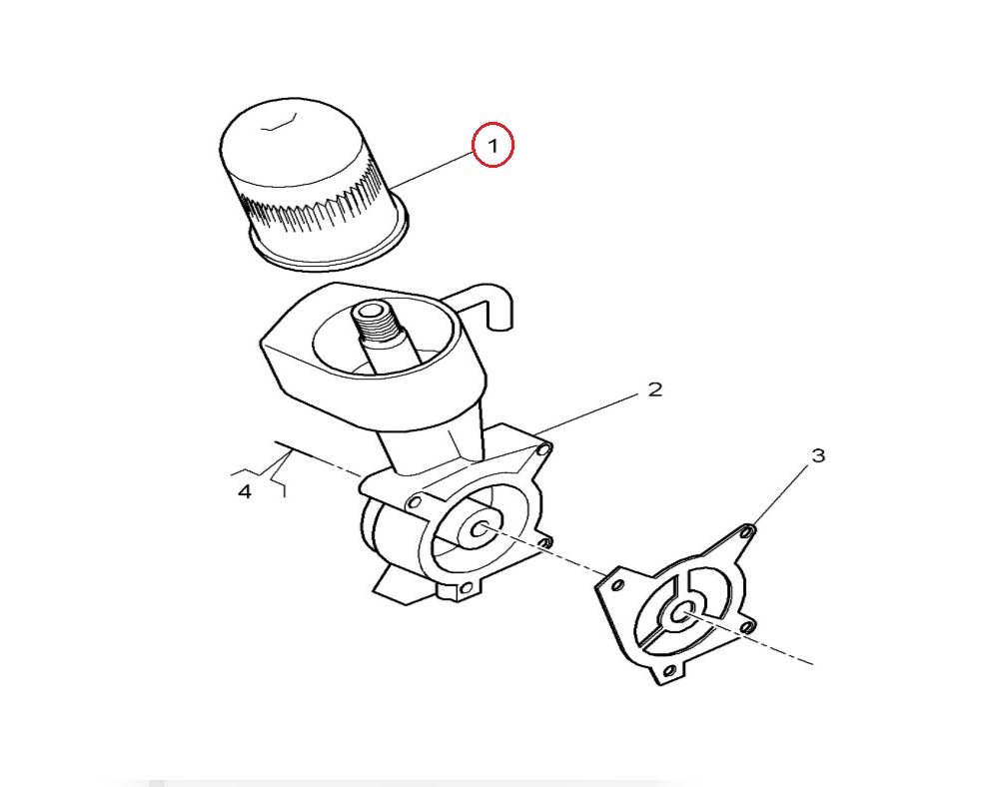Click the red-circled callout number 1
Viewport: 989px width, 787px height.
pyautogui.click(x=494, y=145)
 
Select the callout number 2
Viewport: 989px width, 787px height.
pyautogui.click(x=655, y=390)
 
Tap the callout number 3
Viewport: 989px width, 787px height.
pyautogui.click(x=818, y=455)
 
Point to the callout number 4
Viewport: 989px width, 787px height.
pyautogui.click(x=245, y=491)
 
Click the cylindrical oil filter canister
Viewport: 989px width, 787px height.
pyautogui.click(x=314, y=184)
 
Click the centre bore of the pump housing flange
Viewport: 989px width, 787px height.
pyautogui.click(x=480, y=528)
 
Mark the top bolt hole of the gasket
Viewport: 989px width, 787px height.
pyautogui.click(x=747, y=531)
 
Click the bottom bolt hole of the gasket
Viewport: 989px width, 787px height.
pyautogui.click(x=668, y=673)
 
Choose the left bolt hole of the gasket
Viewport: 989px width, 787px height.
pyautogui.click(x=618, y=585)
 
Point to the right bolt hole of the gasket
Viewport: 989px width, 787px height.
pyautogui.click(x=747, y=627)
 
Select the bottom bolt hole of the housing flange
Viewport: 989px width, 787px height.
pyautogui.click(x=466, y=587)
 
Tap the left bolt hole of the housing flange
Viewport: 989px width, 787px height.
pyautogui.click(x=415, y=502)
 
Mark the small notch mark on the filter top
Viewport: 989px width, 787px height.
pyautogui.click(x=280, y=122)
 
